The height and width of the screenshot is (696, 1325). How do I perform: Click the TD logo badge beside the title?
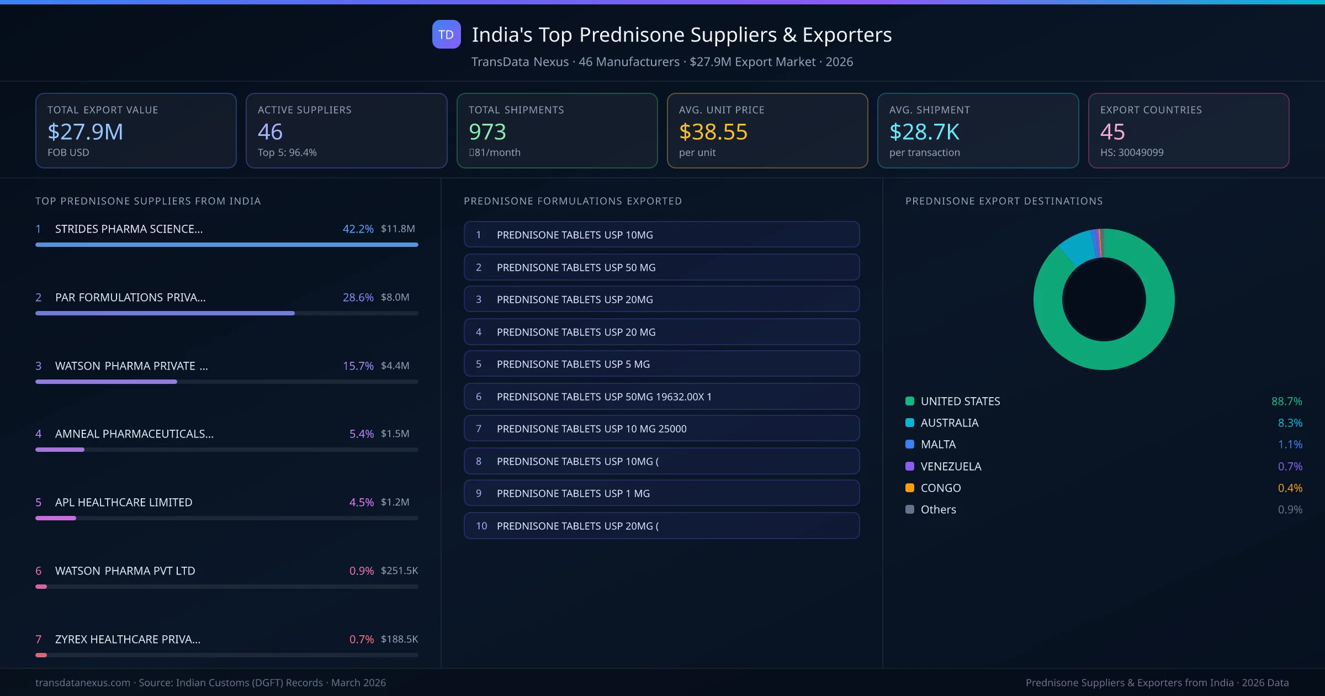tap(446, 35)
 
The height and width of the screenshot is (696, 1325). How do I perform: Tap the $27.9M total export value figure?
tap(85, 132)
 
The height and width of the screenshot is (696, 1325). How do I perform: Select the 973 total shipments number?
tap(487, 132)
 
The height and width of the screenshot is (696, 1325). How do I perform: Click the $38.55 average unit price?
tap(713, 132)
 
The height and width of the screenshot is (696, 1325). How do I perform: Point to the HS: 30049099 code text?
tap(1131, 152)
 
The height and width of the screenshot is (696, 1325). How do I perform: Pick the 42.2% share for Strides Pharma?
tap(358, 229)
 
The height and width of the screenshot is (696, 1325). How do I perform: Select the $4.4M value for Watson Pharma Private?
tap(395, 366)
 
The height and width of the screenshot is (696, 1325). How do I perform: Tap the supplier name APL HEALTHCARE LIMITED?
tap(124, 502)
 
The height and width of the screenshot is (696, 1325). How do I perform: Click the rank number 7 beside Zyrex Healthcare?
tap(38, 639)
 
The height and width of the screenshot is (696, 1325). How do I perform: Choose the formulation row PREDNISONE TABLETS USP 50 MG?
tap(661, 267)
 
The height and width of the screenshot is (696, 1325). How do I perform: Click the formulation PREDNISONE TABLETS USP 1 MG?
tap(661, 493)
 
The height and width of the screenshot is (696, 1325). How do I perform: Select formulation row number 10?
tap(661, 526)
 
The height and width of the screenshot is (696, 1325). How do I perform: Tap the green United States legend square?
tap(910, 401)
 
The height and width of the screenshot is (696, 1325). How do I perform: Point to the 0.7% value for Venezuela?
tap(1290, 466)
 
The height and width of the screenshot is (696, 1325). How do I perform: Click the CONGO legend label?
tap(941, 488)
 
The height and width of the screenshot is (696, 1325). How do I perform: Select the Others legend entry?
tap(938, 509)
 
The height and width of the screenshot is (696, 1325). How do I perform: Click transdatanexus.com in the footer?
tap(83, 683)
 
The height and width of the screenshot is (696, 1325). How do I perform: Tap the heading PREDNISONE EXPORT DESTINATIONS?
tap(1004, 201)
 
